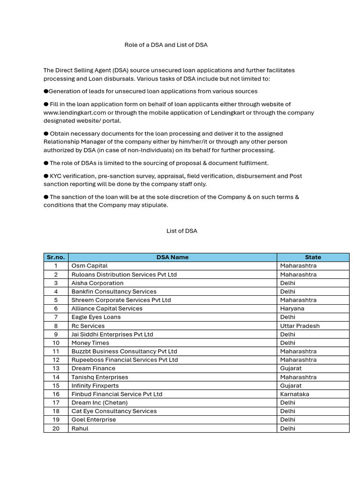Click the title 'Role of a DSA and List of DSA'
165,45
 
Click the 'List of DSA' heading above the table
182,231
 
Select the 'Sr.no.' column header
56,257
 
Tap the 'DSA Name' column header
172,257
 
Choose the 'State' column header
313,257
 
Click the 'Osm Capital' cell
90,266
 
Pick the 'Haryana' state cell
292,308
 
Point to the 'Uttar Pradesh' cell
300,326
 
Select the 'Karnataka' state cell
294,394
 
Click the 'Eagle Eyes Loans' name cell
96,317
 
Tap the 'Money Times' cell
90,343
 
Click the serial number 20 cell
56,428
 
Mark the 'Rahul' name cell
80,428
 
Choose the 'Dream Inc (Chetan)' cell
99,403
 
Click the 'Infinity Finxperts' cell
95,386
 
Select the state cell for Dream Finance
291,368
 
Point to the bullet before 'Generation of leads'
46,91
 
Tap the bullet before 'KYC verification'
46,176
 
